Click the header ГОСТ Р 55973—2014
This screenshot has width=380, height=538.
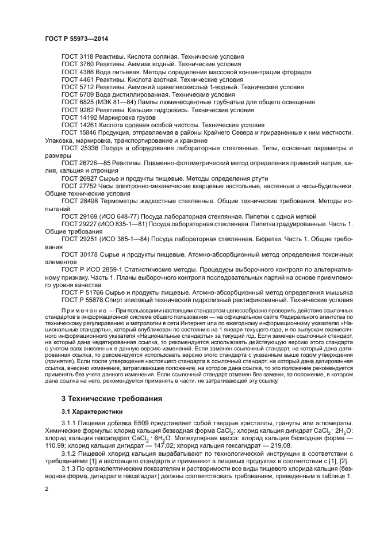pyautogui.click(x=76, y=39)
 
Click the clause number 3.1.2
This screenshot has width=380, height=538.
pyautogui.click(x=70, y=453)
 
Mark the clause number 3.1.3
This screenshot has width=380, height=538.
pyautogui.click(x=70, y=469)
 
